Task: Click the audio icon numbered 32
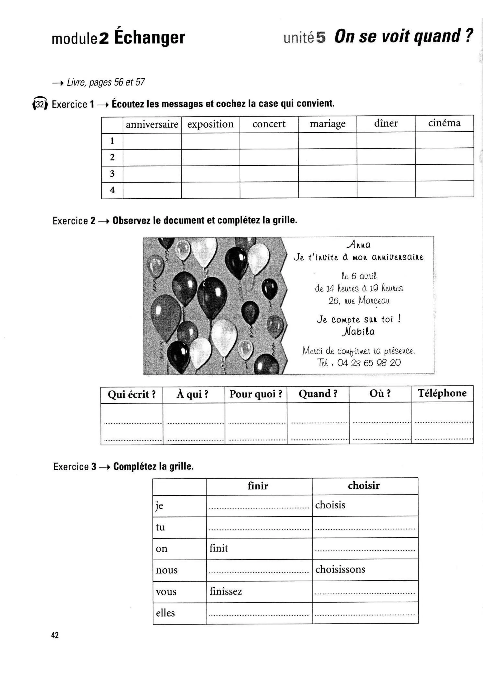pyautogui.click(x=40, y=104)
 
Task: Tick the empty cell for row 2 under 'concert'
pyautogui.click(x=269, y=157)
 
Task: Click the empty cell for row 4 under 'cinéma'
pyautogui.click(x=444, y=189)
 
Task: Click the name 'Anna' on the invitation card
pyautogui.click(x=359, y=245)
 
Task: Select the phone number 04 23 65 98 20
pyautogui.click(x=369, y=363)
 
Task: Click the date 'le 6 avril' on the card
pyautogui.click(x=359, y=276)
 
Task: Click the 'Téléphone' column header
pyautogui.click(x=442, y=393)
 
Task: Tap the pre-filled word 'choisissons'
pyautogui.click(x=340, y=569)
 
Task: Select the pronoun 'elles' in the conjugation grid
pyautogui.click(x=165, y=613)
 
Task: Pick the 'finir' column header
pyautogui.click(x=258, y=486)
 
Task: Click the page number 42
pyautogui.click(x=55, y=635)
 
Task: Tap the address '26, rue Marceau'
pyautogui.click(x=359, y=300)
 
